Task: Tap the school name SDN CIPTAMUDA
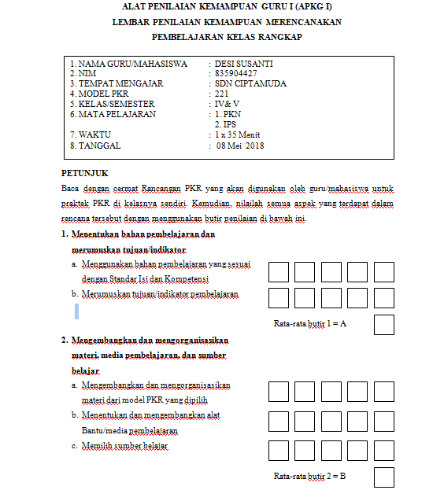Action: [x=251, y=83]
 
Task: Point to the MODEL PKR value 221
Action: [x=222, y=94]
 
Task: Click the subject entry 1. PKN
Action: [x=229, y=114]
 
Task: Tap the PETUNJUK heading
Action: [x=85, y=172]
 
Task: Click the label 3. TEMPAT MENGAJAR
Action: [x=116, y=83]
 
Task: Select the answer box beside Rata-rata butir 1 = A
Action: [x=383, y=324]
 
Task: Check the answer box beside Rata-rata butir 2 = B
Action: [x=383, y=477]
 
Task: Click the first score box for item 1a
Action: [x=279, y=272]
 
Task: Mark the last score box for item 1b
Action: [x=383, y=298]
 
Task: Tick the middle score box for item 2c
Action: [x=331, y=451]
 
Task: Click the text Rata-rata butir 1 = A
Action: [x=309, y=324]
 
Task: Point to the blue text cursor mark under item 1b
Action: [x=77, y=311]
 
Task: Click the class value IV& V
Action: [x=228, y=104]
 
